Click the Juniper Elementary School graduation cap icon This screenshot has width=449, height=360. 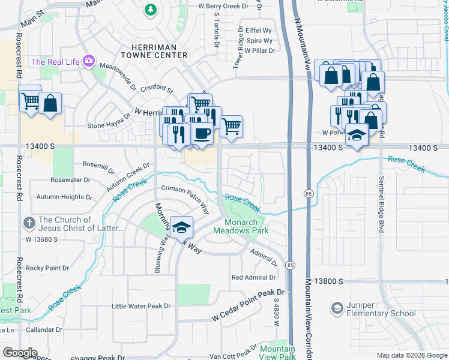point(337,309)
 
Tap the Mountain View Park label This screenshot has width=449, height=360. point(277,353)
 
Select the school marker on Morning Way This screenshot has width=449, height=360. point(181,227)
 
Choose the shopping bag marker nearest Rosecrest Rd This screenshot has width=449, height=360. point(51,103)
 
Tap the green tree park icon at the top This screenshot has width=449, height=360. point(150,9)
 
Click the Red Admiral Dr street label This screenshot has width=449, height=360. point(253,277)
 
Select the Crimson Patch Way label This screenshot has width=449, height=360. point(184,198)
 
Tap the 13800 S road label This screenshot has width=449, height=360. point(327,281)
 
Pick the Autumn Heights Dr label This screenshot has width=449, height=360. point(64,197)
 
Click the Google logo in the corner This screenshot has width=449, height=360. point(19,352)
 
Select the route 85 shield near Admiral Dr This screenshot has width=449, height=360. point(291,265)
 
